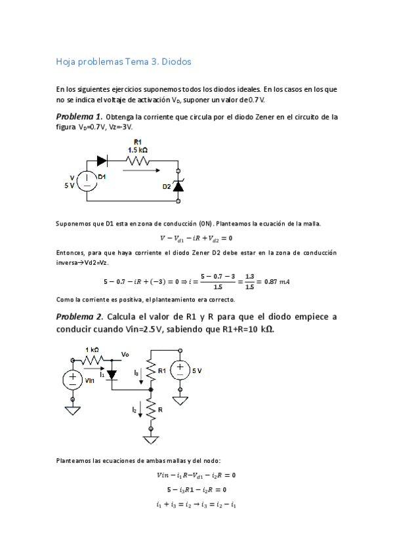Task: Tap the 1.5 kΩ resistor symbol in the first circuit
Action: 137,160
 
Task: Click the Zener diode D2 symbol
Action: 177,186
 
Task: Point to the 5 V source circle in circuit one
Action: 86,181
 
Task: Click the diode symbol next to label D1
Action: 102,160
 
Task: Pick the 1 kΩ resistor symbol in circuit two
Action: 93,359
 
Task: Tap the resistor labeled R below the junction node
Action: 152,410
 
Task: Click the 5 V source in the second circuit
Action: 182,371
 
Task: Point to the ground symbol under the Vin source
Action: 72,410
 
